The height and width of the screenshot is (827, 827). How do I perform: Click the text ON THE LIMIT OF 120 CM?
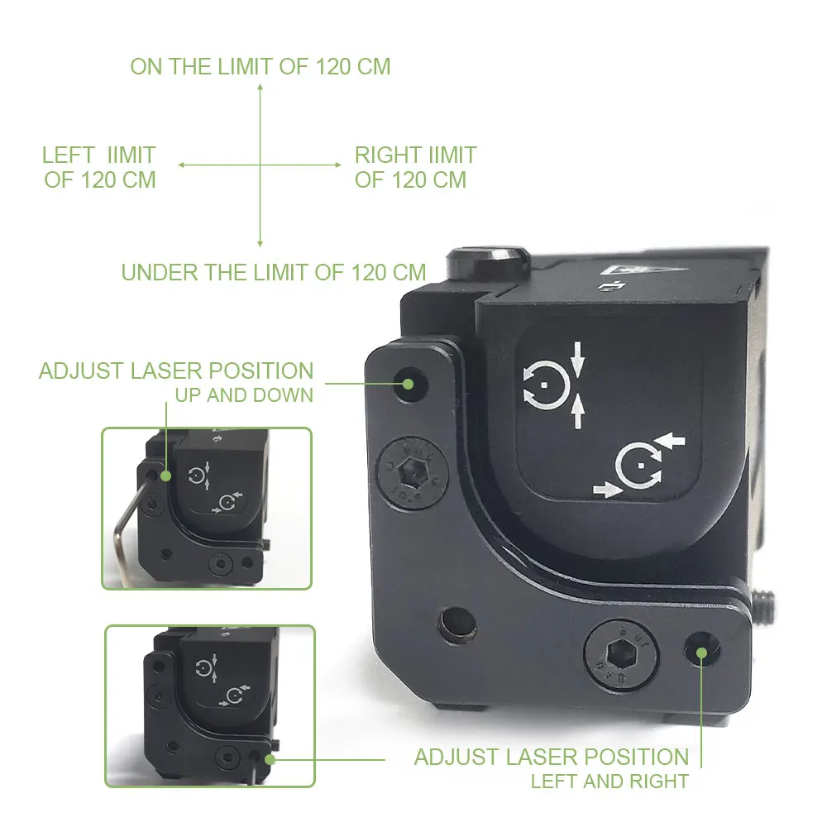tap(260, 67)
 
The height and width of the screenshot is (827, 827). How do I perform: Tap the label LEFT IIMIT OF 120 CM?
tap(99, 167)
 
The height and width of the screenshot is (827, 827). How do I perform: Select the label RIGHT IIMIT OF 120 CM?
tap(415, 167)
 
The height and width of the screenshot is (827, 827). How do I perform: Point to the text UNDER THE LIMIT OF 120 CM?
tap(274, 272)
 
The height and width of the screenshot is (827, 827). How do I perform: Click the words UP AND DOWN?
tap(244, 395)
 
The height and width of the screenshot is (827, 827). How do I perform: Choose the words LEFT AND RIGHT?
tap(609, 780)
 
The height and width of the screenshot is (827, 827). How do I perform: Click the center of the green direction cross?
tap(260, 165)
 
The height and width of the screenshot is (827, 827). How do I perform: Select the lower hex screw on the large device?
tap(618, 655)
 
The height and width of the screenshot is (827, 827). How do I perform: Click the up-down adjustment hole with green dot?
tap(408, 383)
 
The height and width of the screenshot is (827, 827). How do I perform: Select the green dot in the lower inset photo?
tap(270, 756)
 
